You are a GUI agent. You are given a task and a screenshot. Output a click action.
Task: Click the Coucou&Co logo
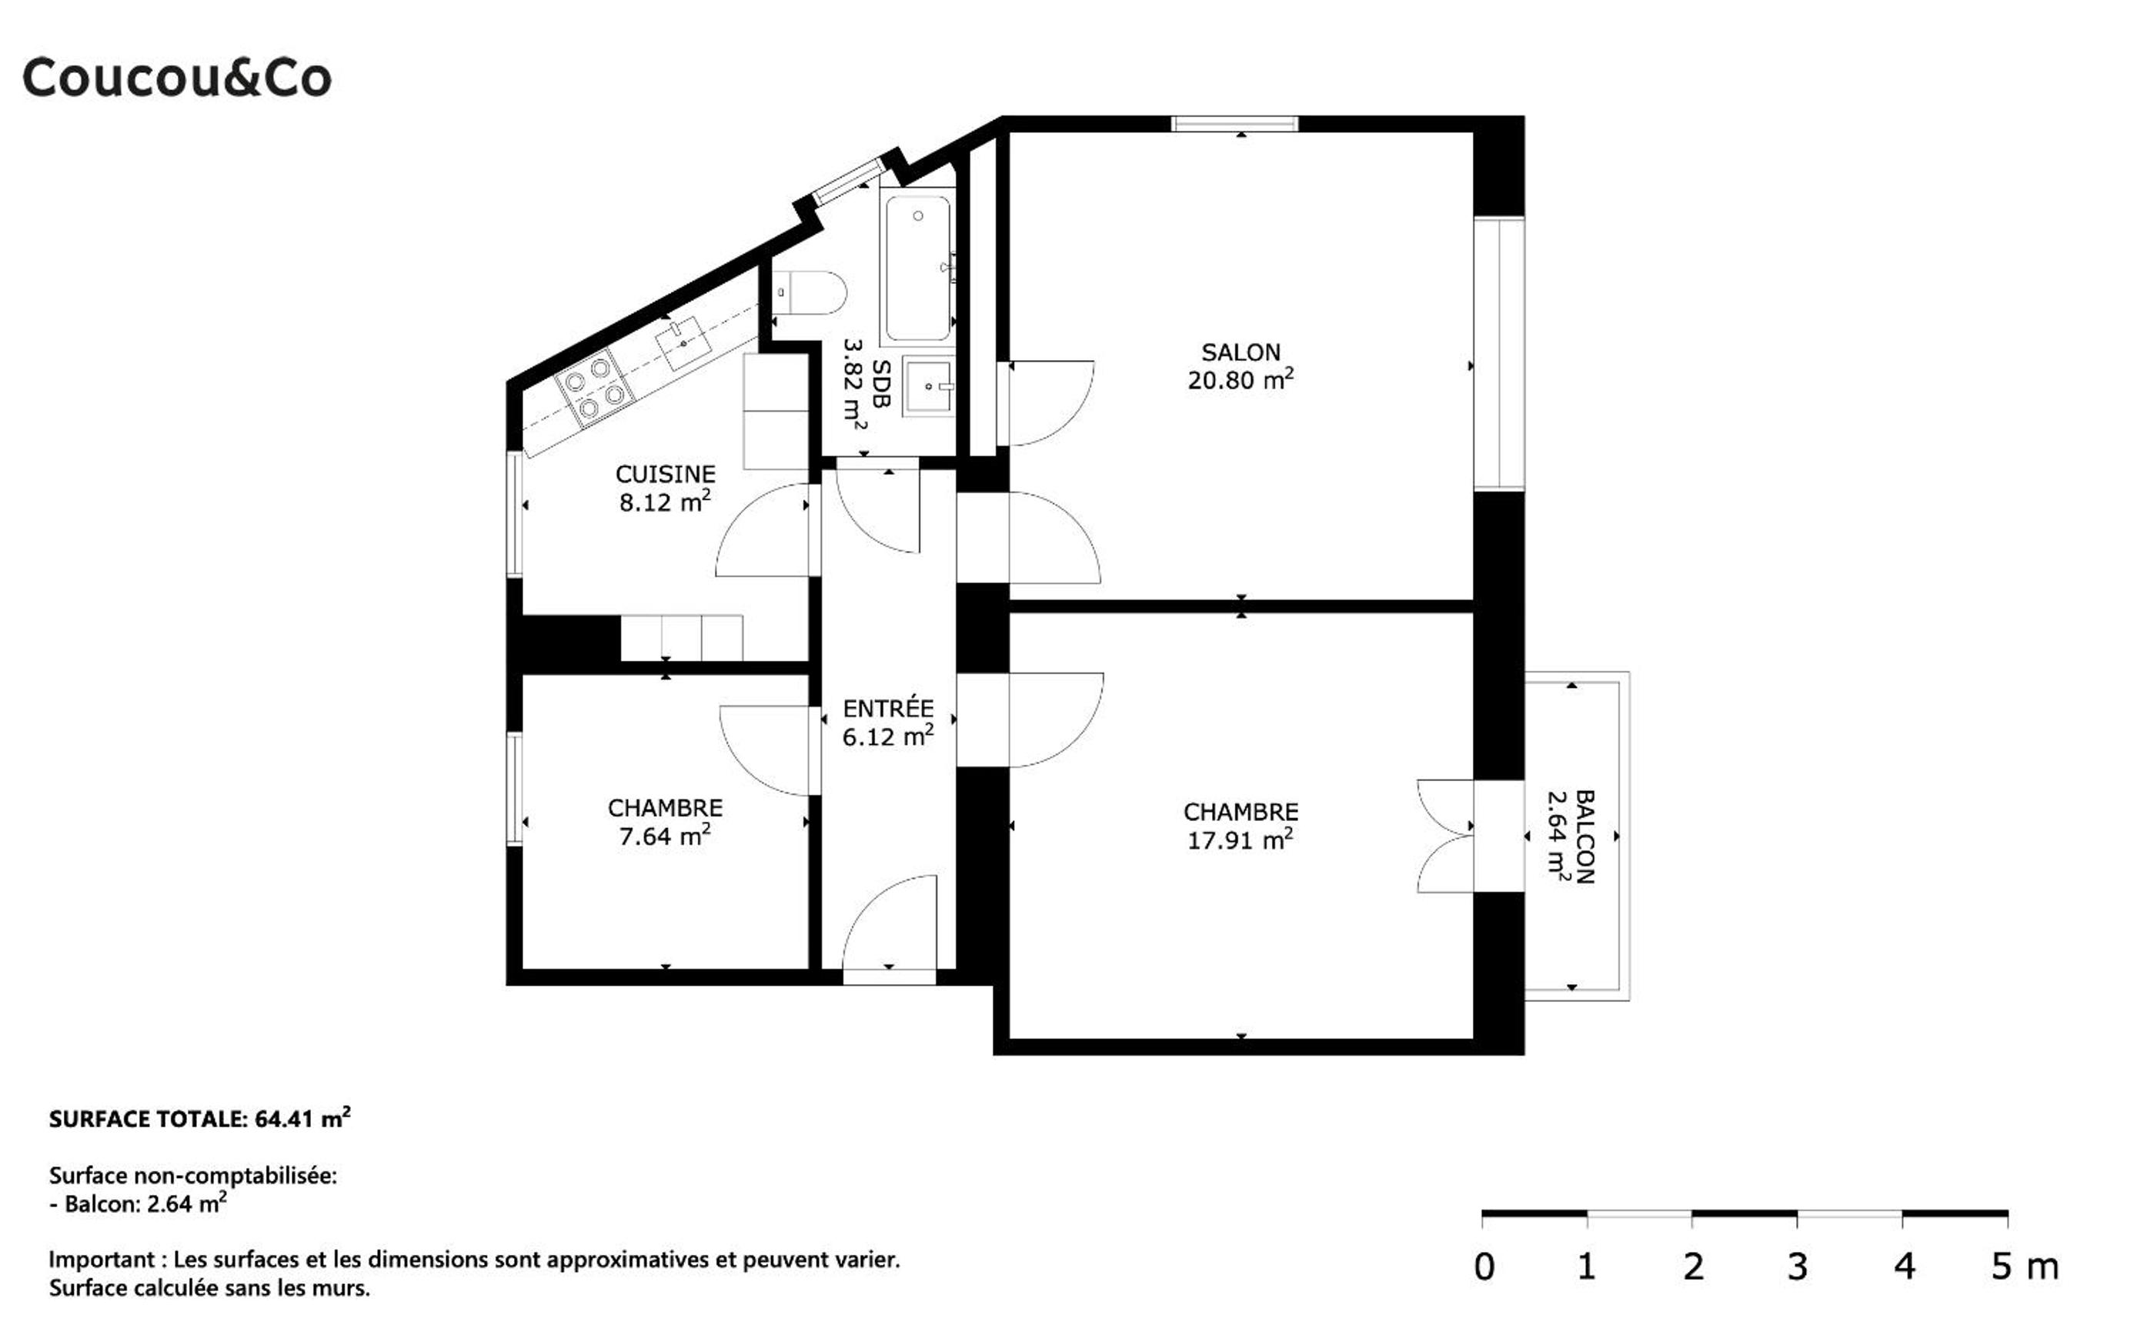[x=177, y=78]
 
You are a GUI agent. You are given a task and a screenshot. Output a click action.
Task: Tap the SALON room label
[x=1240, y=352]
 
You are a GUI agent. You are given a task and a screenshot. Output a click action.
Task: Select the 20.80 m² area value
[x=1240, y=379]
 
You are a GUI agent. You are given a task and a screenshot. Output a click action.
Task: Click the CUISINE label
[x=665, y=474]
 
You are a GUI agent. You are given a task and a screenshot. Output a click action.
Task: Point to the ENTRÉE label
[x=887, y=708]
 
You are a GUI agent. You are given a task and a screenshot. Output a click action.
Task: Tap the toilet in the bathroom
[x=809, y=292]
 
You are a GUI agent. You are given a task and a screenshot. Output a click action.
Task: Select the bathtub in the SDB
[x=917, y=268]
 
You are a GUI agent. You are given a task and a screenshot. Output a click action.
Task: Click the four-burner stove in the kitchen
[x=594, y=389]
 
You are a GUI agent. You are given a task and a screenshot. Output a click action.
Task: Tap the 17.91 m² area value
[x=1240, y=839]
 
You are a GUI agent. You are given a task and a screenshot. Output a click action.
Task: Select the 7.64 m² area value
[x=665, y=836]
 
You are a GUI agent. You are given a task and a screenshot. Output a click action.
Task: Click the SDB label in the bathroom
[x=880, y=383]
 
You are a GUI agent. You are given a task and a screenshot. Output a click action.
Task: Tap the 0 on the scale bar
[x=1484, y=1267]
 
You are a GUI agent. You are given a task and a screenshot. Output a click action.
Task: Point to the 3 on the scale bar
[x=1798, y=1267]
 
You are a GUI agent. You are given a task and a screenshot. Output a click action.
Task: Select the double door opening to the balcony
[x=1445, y=836]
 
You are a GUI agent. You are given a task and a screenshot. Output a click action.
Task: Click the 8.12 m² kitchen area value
[x=665, y=502]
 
